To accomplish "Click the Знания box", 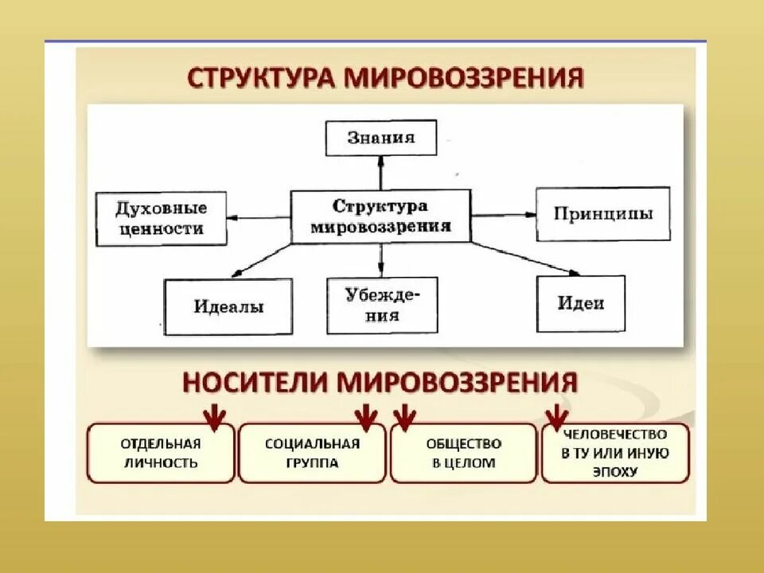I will click(381, 138).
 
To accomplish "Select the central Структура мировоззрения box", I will click(380, 216).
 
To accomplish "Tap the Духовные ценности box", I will click(160, 218).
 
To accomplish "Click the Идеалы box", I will click(228, 306).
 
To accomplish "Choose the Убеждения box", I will click(382, 305).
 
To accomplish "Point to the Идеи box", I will click(580, 303).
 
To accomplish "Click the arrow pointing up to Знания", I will click(381, 172).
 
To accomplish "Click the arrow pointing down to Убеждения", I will click(381, 259).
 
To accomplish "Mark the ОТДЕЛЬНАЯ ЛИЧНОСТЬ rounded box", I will click(160, 453).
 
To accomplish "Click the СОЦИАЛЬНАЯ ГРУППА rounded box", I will click(312, 453).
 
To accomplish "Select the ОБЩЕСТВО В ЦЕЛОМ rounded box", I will click(463, 453).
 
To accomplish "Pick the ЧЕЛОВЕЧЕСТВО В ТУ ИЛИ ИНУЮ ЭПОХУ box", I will click(615, 453).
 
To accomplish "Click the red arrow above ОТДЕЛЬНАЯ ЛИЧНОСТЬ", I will click(212, 415).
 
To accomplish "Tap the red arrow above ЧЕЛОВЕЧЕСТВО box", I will click(557, 415).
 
